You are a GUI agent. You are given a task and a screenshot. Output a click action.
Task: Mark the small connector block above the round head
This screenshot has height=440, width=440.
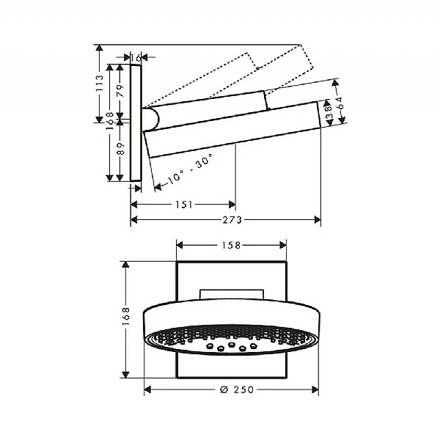tap(230, 295)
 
